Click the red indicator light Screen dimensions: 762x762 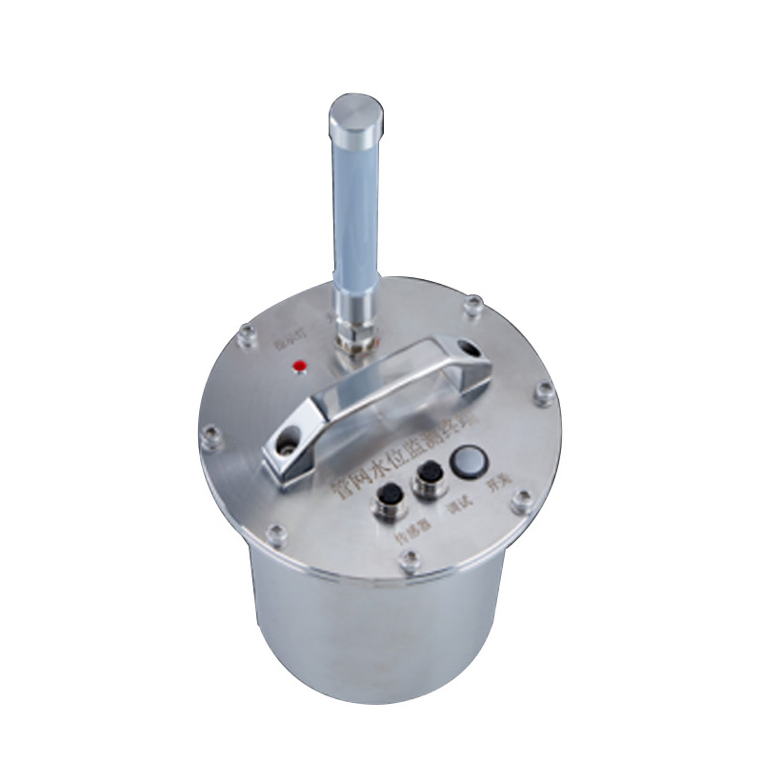(x=298, y=366)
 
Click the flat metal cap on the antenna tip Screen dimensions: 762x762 (x=356, y=111)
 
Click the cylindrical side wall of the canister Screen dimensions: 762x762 (x=381, y=657)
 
